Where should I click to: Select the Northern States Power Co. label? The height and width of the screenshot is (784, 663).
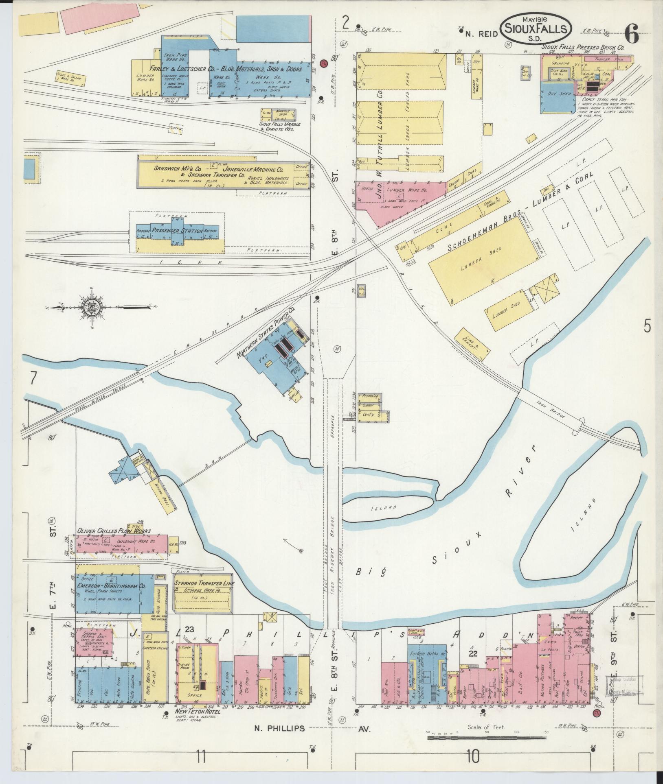(x=266, y=332)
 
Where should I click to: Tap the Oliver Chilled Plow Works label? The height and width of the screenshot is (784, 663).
(x=114, y=531)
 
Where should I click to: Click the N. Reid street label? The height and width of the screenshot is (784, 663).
(x=481, y=34)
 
